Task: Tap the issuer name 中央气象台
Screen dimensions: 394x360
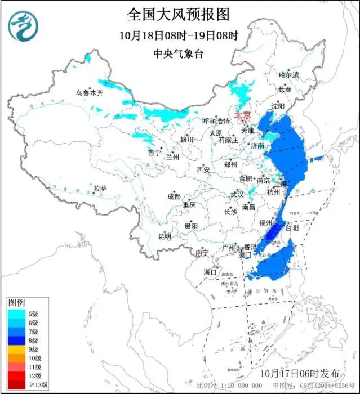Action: [x=179, y=54]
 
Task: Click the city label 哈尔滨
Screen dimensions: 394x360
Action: [x=289, y=74]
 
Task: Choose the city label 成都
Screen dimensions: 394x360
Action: [x=174, y=196]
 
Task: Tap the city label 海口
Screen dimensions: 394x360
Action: [x=210, y=272]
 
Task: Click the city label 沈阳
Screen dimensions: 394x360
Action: [x=293, y=105]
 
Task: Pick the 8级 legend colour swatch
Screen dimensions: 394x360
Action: [x=15, y=340]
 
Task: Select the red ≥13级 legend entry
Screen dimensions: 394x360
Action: [x=15, y=384]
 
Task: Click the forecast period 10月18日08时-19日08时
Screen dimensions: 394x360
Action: [x=179, y=34]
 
